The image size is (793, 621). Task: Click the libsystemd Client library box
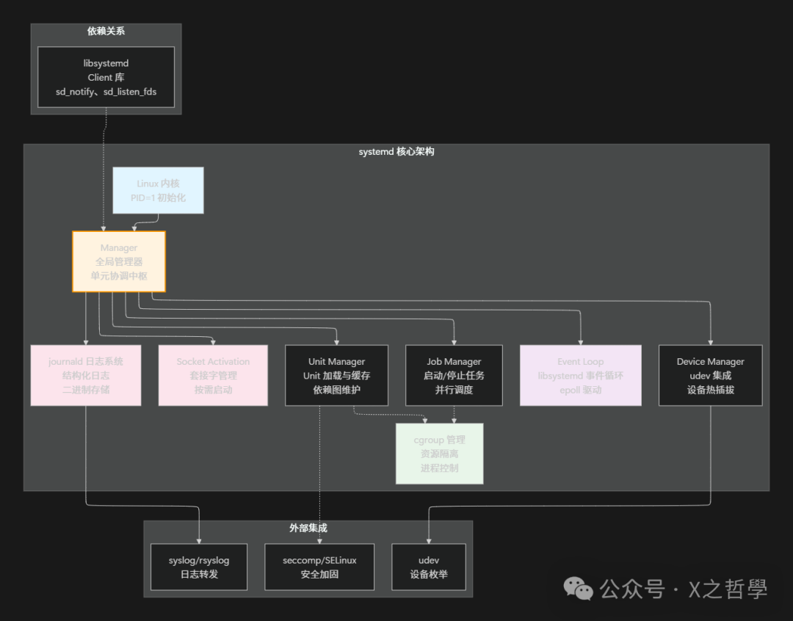point(106,77)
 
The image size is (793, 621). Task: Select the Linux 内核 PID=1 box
point(158,190)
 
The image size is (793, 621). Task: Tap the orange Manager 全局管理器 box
point(119,261)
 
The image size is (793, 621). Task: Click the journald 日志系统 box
point(86,375)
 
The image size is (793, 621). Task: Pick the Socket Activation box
point(213,375)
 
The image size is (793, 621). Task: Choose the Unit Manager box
point(336,375)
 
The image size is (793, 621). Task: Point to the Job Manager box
point(454,375)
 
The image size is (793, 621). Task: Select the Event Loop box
point(580,375)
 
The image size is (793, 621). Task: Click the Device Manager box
point(710,375)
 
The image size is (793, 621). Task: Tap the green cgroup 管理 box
point(439,454)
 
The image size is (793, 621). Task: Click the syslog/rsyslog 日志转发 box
point(199,567)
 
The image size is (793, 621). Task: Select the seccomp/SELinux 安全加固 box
point(319,567)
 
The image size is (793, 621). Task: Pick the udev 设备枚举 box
point(429,567)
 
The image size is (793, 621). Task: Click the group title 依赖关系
point(106,31)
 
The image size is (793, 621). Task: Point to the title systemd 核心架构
point(396,151)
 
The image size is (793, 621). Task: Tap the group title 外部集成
point(308,528)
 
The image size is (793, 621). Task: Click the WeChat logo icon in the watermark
point(578,587)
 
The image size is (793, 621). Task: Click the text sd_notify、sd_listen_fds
point(106,92)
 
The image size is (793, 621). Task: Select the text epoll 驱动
point(580,390)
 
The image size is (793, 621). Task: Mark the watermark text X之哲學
point(727,589)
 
